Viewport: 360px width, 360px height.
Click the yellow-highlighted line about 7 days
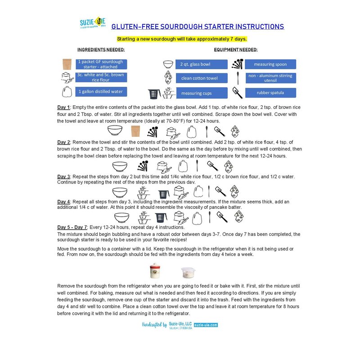point(182,39)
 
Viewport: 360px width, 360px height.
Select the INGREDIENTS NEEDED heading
point(101,49)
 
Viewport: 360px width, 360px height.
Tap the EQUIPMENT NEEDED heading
point(236,49)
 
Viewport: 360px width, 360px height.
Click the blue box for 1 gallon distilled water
point(101,92)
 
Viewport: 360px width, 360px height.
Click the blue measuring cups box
point(197,93)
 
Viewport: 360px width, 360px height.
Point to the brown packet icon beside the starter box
point(67,64)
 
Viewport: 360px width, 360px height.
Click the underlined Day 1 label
point(63,107)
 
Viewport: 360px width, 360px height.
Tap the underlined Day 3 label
point(63,176)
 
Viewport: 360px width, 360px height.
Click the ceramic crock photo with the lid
point(156,271)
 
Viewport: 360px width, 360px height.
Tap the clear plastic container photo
point(188,272)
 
